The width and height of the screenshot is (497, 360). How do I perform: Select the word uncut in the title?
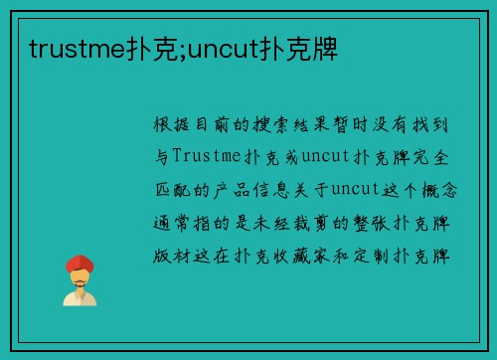218,47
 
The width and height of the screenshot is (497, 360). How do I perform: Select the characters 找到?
438,126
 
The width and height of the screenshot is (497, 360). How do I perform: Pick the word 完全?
437,156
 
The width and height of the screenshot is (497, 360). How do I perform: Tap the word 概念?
438,186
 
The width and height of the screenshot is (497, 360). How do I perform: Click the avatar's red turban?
80,263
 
